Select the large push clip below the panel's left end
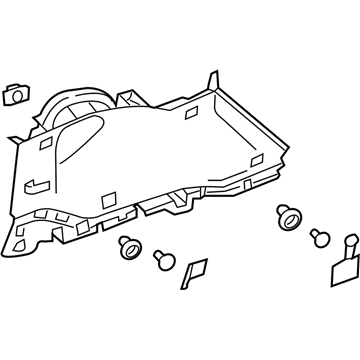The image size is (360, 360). (x=127, y=247)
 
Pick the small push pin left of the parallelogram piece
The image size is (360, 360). (x=160, y=260)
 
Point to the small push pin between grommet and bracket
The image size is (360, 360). (x=318, y=238)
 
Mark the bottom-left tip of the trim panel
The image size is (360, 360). (x=14, y=249)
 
